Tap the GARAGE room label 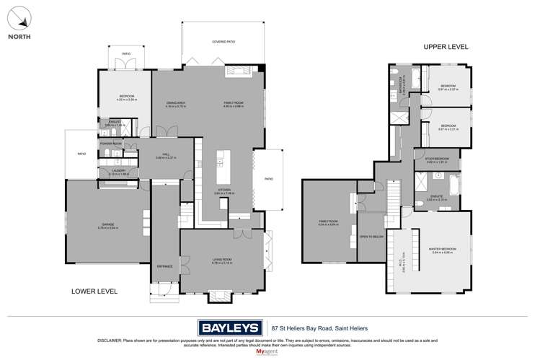point(107,224)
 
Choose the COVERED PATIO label point(223,42)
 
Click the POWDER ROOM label point(110,143)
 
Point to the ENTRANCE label point(165,266)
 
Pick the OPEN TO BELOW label point(370,235)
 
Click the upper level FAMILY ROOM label point(328,220)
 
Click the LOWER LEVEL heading point(94,291)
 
